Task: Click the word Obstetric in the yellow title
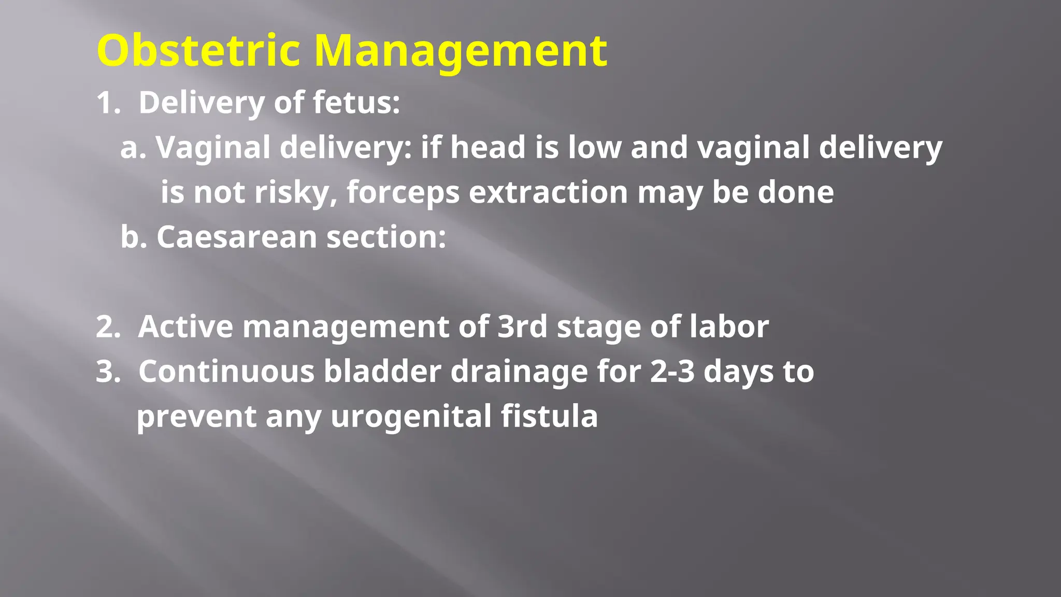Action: pos(198,50)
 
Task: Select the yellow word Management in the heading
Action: pos(461,51)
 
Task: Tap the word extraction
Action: pos(548,193)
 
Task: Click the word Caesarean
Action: pos(237,237)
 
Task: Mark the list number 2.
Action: pos(107,327)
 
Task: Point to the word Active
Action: pos(185,327)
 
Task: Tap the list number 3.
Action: pos(107,372)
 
